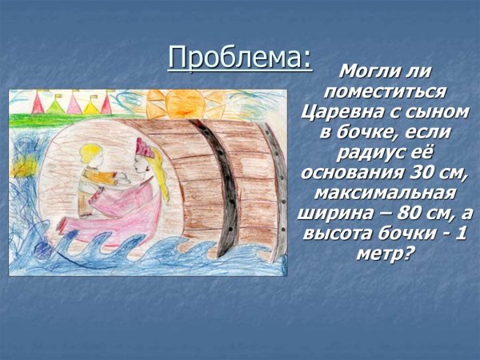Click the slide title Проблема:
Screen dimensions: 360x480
[x=239, y=58]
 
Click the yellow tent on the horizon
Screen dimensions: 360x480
[x=90, y=105]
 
